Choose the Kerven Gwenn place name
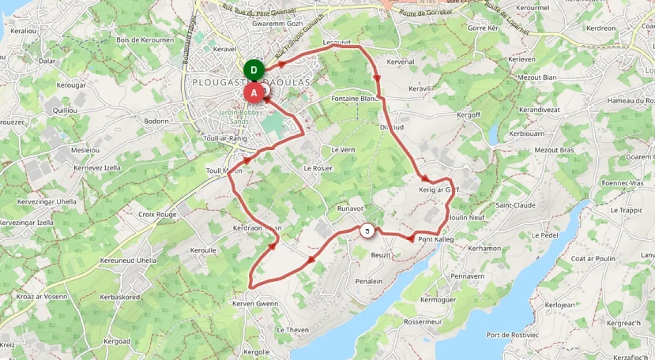(255, 303)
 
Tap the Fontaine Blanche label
(355, 99)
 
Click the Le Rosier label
(318, 168)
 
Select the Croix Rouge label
(157, 214)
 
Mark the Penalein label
(368, 281)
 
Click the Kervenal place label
(400, 62)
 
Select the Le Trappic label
(626, 210)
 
